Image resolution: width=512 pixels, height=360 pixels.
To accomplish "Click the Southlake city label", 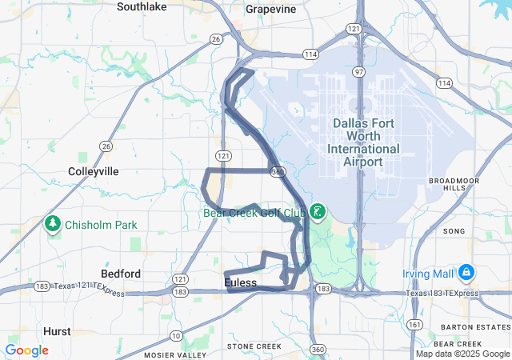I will click(141, 6).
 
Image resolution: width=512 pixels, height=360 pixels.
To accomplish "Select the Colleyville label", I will click(94, 171).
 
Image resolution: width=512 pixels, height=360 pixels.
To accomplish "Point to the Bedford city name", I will click(122, 274).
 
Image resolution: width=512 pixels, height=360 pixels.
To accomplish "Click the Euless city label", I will click(241, 283).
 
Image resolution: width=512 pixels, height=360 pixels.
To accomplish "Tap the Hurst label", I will click(56, 330).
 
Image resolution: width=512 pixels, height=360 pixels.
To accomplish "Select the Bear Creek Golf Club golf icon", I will click(318, 212).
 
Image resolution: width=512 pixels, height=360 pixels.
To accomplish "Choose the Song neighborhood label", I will click(454, 231).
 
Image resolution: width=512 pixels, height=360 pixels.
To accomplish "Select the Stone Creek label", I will click(254, 346).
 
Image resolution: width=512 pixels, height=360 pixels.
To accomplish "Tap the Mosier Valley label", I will click(174, 354).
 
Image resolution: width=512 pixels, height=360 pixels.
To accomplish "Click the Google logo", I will click(26, 350).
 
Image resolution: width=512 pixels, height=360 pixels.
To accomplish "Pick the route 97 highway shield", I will click(361, 72).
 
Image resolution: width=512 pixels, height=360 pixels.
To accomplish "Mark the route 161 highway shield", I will click(414, 325).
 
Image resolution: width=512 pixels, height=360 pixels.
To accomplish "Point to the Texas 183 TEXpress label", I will click(442, 294).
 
